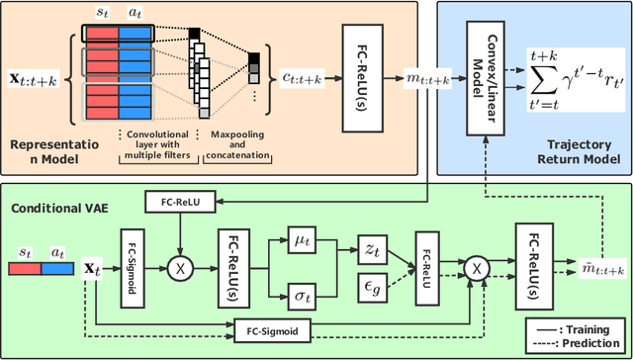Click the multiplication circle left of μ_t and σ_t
click(181, 267)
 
